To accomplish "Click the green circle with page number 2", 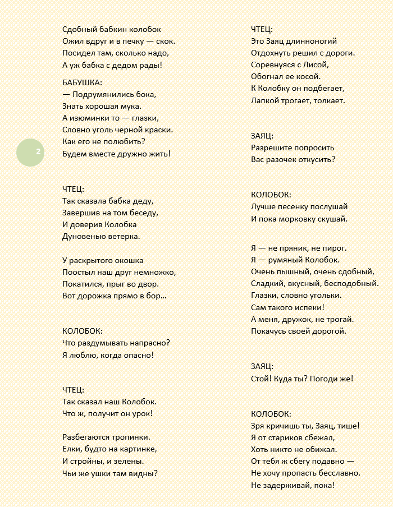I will coord(30,152).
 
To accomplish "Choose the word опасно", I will coord(135,355).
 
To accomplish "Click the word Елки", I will coord(72,449).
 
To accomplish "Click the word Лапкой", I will coord(264,100).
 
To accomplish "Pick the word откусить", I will coord(317,159).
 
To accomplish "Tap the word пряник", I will coord(295,248).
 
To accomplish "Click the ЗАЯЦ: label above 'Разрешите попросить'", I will coord(263,136).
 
